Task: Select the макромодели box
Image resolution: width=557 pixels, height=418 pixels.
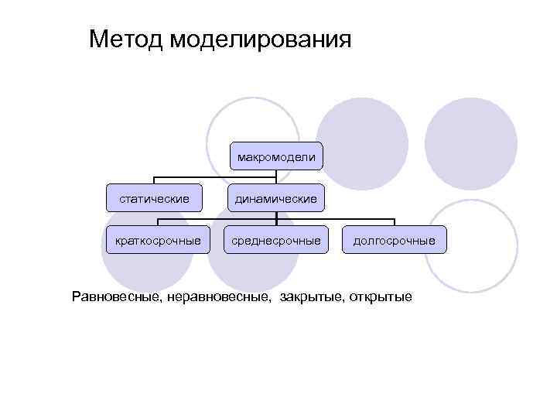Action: pos(277,157)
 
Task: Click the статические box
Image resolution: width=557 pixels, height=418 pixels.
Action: pos(154,198)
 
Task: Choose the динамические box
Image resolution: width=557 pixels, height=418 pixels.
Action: pos(277,199)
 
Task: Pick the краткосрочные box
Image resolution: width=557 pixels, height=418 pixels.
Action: pos(157,241)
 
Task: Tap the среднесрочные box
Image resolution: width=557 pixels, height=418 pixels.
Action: pos(276,241)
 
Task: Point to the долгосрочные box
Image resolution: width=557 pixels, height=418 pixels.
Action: pos(394,241)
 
